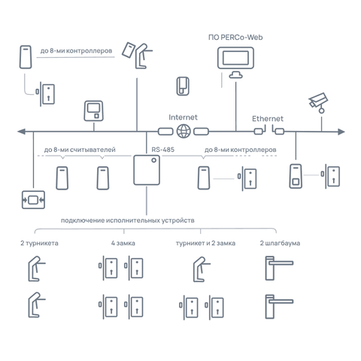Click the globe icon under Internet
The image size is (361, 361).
[184, 131]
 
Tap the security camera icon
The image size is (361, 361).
[318, 103]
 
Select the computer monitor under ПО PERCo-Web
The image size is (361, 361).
[235, 62]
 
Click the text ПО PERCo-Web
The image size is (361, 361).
[235, 38]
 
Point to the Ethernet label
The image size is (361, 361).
[268, 119]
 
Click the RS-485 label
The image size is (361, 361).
[163, 150]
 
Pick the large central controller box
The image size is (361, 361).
[147, 170]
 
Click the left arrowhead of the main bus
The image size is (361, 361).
[22, 131]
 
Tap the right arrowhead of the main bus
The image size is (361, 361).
[341, 132]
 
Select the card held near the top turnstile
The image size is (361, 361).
[129, 50]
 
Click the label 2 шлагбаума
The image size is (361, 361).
[280, 243]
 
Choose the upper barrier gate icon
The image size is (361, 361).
[279, 268]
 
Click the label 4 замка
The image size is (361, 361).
[123, 243]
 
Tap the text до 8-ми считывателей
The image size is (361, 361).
[80, 150]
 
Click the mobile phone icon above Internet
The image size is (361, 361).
[183, 86]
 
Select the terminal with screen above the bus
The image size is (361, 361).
[93, 111]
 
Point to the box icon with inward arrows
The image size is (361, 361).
[33, 200]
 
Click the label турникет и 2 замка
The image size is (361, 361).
[205, 243]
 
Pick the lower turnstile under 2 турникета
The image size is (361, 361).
[37, 305]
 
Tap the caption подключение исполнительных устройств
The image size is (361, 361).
[128, 220]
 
